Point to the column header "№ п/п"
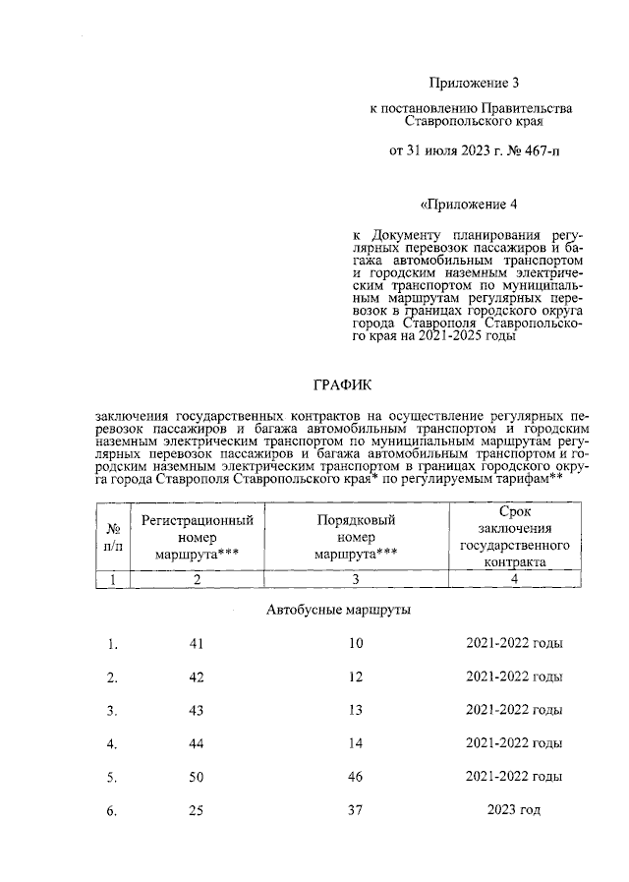tap(113, 537)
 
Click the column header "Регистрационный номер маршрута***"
tap(198, 537)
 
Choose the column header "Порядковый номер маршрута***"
tap(356, 537)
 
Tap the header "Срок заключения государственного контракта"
tap(515, 537)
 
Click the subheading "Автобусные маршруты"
tap(338, 610)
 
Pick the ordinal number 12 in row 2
tap(356, 677)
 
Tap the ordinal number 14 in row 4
tap(356, 743)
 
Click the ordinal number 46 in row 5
tap(356, 777)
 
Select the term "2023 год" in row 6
tap(514, 810)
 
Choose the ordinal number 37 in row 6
tap(356, 810)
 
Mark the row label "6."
tap(112, 810)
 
